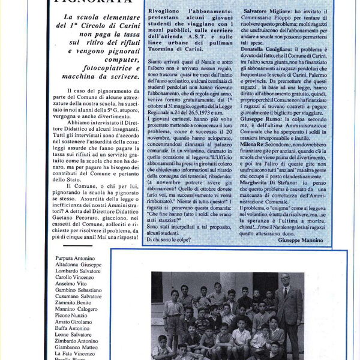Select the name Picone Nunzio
tap(71, 315)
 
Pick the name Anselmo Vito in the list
tap(68, 283)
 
